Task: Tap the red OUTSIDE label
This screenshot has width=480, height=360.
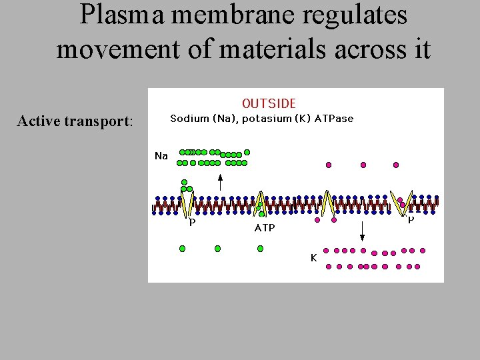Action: click(269, 103)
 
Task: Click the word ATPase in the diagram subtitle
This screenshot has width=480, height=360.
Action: click(331, 119)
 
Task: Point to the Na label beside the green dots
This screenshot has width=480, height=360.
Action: click(161, 156)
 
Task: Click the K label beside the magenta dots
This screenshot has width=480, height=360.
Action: click(313, 257)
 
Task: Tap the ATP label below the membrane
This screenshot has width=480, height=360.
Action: click(264, 228)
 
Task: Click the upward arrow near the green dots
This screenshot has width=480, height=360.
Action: click(221, 181)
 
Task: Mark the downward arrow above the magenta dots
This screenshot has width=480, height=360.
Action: click(362, 231)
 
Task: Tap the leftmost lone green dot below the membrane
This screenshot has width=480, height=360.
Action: click(182, 249)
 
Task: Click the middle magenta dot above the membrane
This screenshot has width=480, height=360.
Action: click(363, 164)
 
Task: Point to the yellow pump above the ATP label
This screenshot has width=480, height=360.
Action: click(261, 203)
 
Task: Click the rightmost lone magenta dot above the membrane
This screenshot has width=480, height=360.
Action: click(396, 164)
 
